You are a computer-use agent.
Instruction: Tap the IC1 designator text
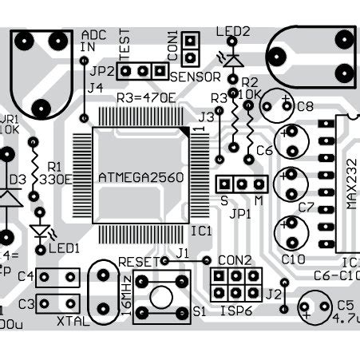[200, 231]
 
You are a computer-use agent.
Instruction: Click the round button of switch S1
[162, 295]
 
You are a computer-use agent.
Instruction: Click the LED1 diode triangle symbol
[40, 232]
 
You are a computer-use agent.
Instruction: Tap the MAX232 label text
[352, 188]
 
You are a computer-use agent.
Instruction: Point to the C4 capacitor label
[24, 277]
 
